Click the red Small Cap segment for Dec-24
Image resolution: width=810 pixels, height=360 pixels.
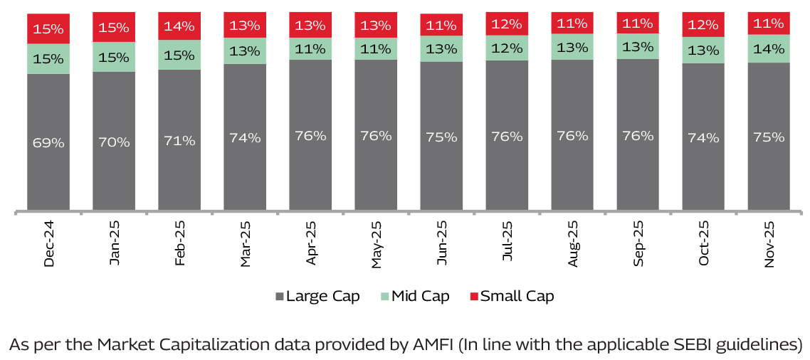pos(48,28)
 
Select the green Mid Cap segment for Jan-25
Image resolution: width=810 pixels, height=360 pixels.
pos(114,57)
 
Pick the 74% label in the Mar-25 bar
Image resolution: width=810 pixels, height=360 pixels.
pos(245,137)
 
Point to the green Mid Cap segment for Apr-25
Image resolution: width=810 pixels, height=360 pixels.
pos(310,49)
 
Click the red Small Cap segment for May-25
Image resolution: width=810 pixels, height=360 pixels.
pos(376,26)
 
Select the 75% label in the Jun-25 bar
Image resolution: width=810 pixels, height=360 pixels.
pos(441,137)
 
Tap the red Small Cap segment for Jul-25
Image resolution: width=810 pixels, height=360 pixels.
pos(507,24)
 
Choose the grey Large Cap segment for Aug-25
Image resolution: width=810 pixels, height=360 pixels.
pos(572,135)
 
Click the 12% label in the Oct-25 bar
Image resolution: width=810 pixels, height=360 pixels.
pos(703,25)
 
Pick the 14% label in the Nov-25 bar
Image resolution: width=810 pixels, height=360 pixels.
pos(769,49)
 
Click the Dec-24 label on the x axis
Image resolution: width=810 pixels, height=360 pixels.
pos(49,243)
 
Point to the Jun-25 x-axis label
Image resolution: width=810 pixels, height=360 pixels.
pos(442,243)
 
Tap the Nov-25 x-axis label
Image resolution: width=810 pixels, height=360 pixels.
pos(769,243)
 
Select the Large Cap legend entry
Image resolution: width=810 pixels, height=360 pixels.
pos(316,296)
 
